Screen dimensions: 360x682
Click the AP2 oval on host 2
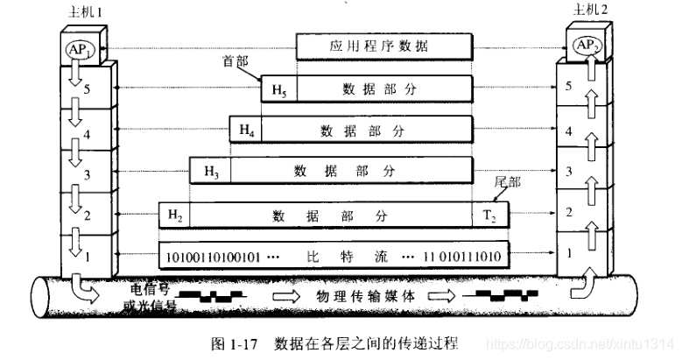pyautogui.click(x=583, y=44)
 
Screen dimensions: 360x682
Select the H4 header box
pyautogui.click(x=246, y=130)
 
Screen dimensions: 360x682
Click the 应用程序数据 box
pyautogui.click(x=384, y=46)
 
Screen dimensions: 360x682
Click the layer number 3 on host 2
pyautogui.click(x=569, y=171)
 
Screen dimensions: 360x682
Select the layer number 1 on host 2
pyautogui.click(x=570, y=253)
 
